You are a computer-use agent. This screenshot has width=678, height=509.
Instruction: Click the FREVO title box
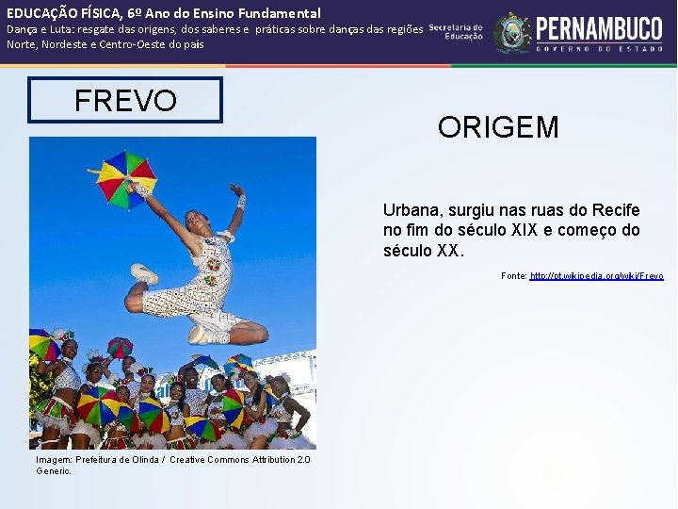[125, 100]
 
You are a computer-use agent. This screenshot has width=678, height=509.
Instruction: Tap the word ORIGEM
[497, 127]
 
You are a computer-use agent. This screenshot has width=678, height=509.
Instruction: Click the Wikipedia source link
[596, 276]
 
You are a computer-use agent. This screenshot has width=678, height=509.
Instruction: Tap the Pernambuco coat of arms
[512, 32]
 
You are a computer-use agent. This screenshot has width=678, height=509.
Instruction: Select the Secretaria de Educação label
[457, 32]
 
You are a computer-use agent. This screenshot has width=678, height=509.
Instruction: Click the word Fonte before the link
[513, 276]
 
